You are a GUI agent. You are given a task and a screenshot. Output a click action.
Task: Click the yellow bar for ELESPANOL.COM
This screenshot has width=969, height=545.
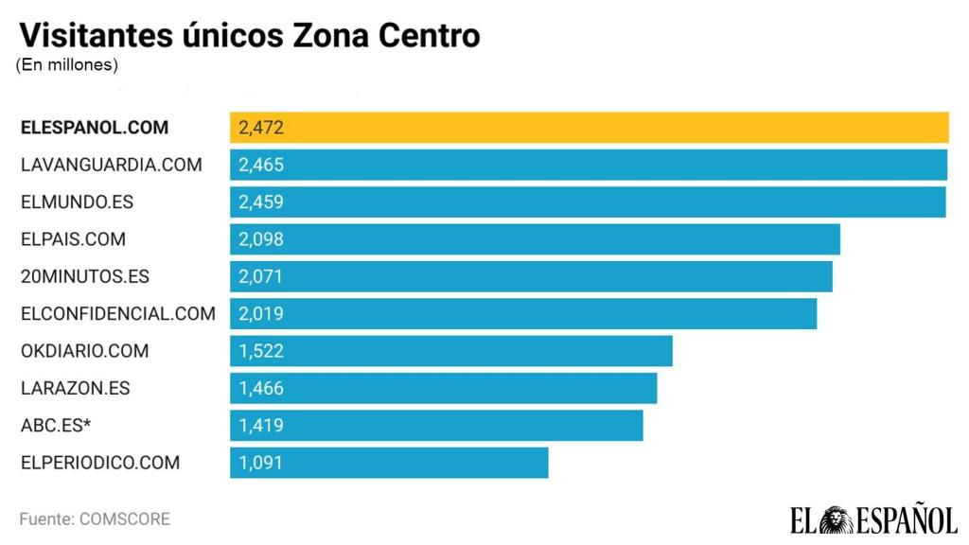(589, 128)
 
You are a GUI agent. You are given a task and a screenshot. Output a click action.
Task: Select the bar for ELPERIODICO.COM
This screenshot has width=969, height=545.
(389, 464)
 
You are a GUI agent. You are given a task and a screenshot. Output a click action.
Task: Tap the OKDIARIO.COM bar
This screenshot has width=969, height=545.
(450, 351)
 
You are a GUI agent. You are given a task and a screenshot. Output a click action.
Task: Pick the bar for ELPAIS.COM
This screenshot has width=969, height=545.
(535, 239)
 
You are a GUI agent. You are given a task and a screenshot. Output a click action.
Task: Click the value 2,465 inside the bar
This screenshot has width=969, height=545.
(261, 165)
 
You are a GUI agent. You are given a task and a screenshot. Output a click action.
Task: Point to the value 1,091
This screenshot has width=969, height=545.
(261, 464)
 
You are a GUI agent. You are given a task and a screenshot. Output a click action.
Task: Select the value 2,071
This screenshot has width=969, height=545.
(261, 277)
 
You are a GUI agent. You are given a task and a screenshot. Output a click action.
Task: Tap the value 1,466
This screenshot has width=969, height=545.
(261, 389)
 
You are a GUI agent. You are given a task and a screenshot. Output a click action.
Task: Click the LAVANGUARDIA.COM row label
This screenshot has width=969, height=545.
(111, 165)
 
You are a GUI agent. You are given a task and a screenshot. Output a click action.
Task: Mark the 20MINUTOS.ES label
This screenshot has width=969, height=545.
(84, 277)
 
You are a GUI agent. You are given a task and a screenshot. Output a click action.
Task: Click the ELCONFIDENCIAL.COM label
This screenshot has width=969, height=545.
(117, 314)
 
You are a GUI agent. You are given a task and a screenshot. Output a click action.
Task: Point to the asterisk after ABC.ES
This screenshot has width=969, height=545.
(87, 423)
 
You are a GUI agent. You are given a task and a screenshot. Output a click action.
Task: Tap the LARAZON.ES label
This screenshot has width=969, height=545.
(75, 389)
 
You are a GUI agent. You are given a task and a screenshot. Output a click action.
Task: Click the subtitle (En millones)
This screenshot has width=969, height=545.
(66, 65)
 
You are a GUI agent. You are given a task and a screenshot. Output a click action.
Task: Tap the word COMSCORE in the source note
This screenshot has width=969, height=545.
(125, 519)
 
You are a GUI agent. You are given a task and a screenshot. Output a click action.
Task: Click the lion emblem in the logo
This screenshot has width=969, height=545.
(837, 519)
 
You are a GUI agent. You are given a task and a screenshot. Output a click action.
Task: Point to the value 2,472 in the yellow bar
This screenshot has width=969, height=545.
(261, 128)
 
